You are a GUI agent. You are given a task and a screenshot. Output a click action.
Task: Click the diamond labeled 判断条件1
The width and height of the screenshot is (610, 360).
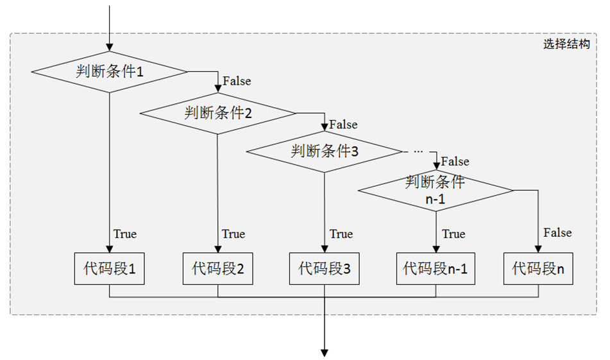(x=109, y=71)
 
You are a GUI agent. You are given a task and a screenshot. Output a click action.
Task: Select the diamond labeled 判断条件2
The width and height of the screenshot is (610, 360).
(x=217, y=114)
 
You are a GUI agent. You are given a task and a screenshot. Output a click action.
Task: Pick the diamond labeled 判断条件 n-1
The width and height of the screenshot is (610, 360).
(x=436, y=190)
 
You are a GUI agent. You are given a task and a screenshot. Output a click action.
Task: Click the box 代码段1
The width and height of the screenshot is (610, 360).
(x=109, y=269)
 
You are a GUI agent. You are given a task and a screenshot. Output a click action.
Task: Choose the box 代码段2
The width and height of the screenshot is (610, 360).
(x=217, y=269)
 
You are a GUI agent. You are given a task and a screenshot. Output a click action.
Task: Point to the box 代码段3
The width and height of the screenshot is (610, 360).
(x=325, y=269)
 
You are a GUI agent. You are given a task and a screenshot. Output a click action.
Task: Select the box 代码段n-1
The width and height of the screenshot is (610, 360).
(x=436, y=269)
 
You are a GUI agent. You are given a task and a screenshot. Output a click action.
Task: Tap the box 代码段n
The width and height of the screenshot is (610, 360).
(x=538, y=269)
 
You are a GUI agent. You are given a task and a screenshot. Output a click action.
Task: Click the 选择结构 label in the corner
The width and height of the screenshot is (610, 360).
(x=566, y=44)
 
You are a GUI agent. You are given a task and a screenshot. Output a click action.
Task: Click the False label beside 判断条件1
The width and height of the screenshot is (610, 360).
(x=237, y=81)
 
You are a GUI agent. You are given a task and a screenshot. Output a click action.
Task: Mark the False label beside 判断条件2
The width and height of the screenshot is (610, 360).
(x=343, y=124)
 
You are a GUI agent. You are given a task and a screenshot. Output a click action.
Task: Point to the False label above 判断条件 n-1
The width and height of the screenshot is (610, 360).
(x=455, y=162)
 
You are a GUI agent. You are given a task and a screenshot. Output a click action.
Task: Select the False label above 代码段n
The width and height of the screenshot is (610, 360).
(x=557, y=233)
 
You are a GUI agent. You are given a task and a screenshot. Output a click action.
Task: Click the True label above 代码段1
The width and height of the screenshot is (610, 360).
(x=125, y=234)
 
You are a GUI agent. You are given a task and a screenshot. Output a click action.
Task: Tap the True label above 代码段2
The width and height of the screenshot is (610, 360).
(x=233, y=234)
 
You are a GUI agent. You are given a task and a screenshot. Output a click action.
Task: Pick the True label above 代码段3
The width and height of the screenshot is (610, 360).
(x=341, y=234)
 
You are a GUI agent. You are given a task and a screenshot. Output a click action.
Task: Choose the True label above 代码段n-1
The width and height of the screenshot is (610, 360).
(x=453, y=234)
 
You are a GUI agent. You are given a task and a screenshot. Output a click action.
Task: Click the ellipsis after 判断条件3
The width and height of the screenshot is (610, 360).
(x=418, y=151)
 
